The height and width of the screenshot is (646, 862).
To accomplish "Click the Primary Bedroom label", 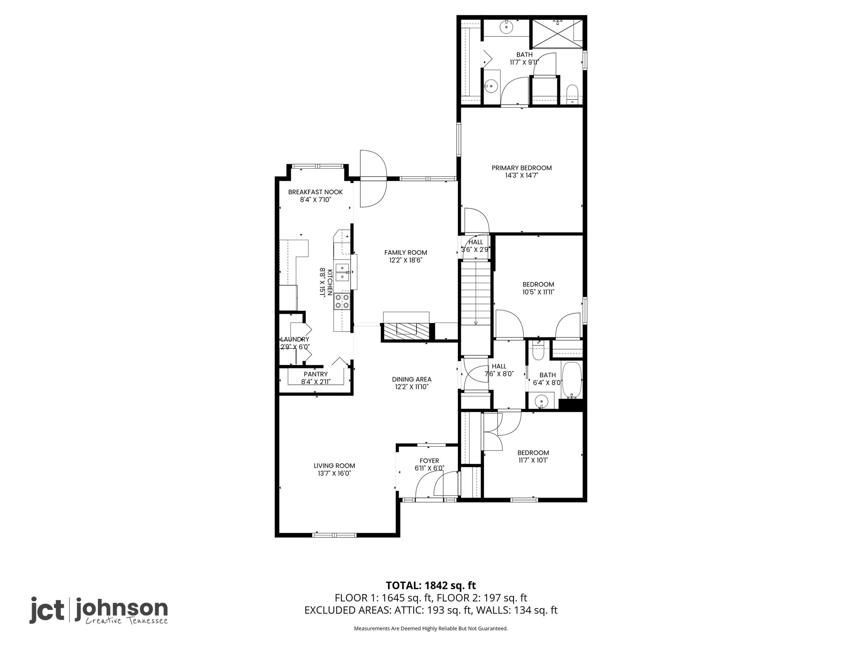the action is point(521,168).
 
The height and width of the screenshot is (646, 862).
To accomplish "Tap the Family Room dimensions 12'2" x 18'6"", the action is point(405,260).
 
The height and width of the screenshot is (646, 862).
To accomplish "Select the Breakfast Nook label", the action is point(315,192).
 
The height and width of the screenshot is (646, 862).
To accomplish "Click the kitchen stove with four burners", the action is point(342,301).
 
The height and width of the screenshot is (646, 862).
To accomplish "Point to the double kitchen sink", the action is point(343,272).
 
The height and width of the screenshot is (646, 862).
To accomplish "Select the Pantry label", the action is point(316,374).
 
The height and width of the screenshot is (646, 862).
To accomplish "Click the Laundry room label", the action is point(295,339).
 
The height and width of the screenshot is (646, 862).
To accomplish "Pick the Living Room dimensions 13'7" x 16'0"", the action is point(334,474).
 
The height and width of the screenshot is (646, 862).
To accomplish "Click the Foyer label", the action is point(429,461).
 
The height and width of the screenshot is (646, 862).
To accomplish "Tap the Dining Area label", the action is point(412,379).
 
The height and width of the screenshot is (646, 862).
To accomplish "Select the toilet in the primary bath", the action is point(572,94).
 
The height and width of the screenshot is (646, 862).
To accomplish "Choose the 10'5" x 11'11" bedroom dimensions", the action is point(538,292).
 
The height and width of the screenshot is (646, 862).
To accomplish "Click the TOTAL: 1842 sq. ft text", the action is point(431,585).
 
